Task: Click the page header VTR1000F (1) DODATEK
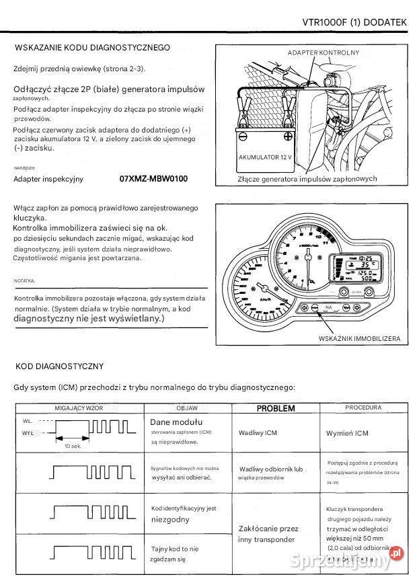(354, 22)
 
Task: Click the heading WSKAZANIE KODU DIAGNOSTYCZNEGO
(92, 48)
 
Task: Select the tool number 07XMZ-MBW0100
(153, 179)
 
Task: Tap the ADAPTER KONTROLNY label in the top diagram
(323, 52)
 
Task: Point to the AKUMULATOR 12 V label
(266, 157)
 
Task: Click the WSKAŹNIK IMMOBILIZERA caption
(359, 338)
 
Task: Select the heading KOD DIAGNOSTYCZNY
(59, 366)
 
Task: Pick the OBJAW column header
(186, 408)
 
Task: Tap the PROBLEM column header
(276, 408)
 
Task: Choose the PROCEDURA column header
(363, 408)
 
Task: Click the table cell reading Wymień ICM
(347, 434)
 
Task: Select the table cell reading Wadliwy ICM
(258, 434)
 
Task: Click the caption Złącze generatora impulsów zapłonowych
(307, 180)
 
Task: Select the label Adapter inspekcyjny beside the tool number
(48, 180)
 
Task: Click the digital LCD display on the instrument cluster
(353, 269)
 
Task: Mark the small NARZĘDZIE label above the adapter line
(24, 167)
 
